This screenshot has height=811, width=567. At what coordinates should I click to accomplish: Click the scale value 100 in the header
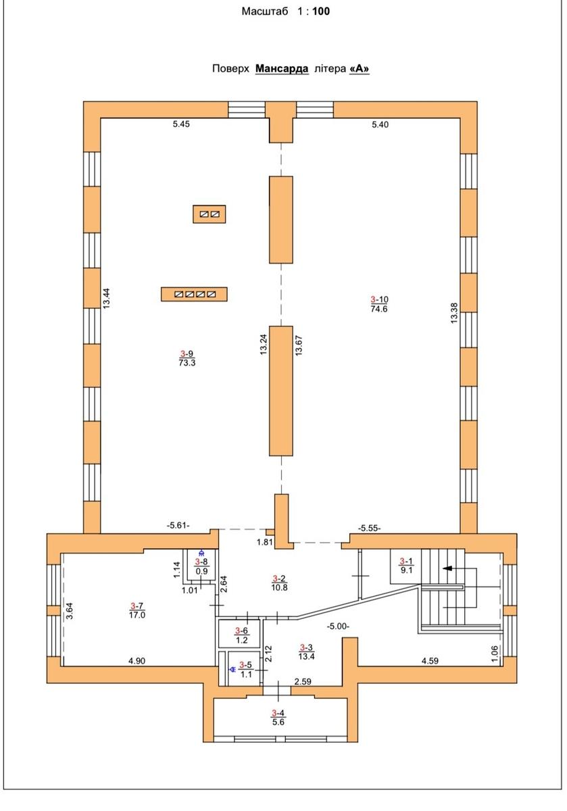point(321,11)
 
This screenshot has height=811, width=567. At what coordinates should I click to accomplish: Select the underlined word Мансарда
point(282,68)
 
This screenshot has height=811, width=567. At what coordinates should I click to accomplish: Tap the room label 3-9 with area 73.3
point(187,358)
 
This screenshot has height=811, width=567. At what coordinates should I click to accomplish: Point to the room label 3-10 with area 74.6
point(379,304)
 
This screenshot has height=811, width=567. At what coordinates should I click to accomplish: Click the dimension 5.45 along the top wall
point(181,124)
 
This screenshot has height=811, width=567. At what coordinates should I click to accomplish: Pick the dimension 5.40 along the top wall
point(380,124)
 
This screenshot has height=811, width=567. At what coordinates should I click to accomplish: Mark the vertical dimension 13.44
point(107,298)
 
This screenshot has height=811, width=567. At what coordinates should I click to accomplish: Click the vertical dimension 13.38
point(453,313)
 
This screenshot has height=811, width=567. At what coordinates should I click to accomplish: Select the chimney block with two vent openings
point(209,214)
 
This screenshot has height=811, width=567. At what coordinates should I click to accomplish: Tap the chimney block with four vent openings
point(194,294)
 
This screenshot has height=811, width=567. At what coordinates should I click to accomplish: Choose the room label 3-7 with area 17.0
point(137,610)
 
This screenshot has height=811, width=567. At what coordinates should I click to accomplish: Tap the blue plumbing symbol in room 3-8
point(201,553)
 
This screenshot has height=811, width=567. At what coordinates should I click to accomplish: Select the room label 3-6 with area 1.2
point(241,635)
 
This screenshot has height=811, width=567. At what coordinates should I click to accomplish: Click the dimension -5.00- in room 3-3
point(338,626)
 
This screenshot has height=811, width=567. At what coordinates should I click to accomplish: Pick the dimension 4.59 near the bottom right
point(430,661)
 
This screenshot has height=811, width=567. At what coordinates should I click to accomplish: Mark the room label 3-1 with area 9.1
point(406,566)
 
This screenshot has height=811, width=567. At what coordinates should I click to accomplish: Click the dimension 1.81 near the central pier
point(265,542)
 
